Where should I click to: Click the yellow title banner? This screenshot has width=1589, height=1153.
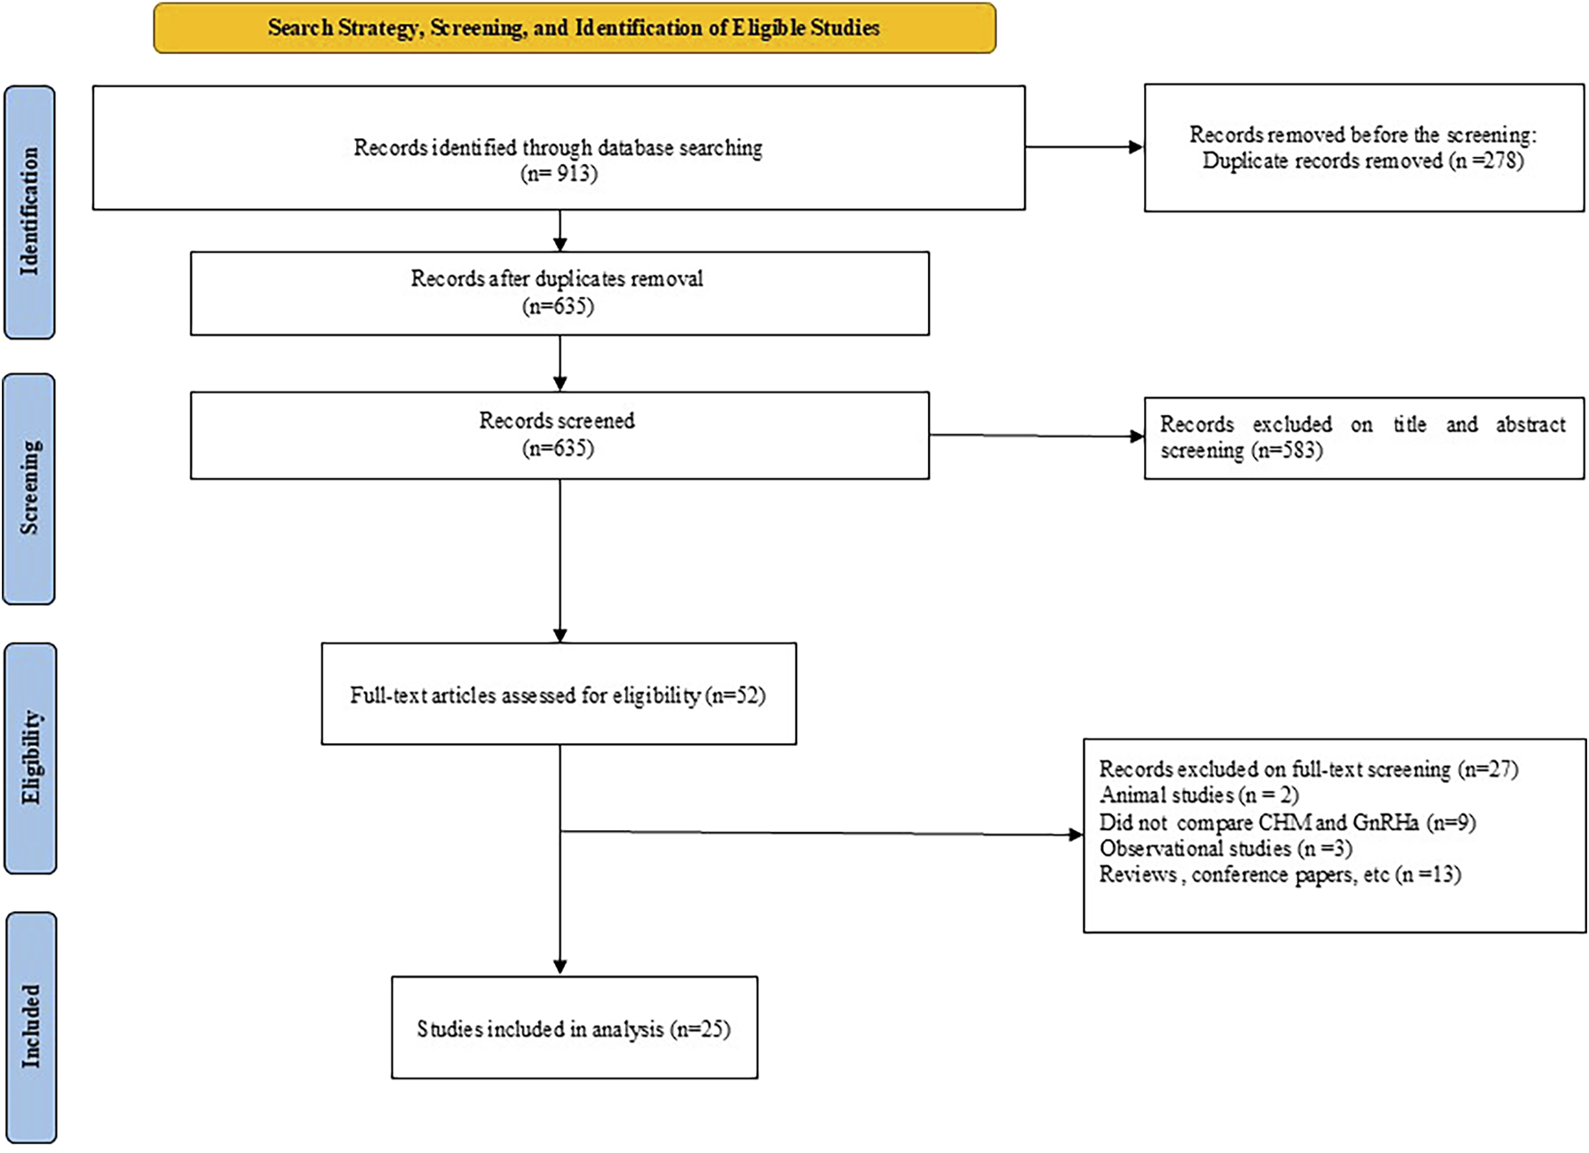coord(574,28)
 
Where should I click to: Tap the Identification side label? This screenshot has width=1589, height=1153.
coord(30,212)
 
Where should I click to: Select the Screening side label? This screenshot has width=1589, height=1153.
coord(30,489)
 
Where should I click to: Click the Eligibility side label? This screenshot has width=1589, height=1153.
coord(30,758)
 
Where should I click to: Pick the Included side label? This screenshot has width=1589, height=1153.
coord(30,1027)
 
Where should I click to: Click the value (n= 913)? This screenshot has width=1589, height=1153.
coord(559,173)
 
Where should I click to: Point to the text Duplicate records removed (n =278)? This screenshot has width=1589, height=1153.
coord(1362,161)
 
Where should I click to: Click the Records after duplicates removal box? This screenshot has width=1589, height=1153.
coord(559,293)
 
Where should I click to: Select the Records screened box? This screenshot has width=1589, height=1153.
coord(559,435)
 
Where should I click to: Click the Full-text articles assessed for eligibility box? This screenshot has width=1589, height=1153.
coord(559,694)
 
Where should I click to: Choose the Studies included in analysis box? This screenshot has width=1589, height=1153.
coord(574,1027)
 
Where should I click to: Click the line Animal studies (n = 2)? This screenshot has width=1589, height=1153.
coord(1198,795)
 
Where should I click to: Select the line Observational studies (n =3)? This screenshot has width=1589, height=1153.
coord(1225,848)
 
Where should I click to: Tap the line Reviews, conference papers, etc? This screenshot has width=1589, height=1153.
coord(1280,874)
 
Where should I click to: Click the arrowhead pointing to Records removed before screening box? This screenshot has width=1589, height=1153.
coord(1136,147)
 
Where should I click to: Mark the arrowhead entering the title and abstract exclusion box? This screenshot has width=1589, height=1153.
coord(1137,437)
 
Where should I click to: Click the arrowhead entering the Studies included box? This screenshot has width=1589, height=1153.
coord(560,967)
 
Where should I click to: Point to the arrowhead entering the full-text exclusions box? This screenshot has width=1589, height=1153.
coord(1076,835)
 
